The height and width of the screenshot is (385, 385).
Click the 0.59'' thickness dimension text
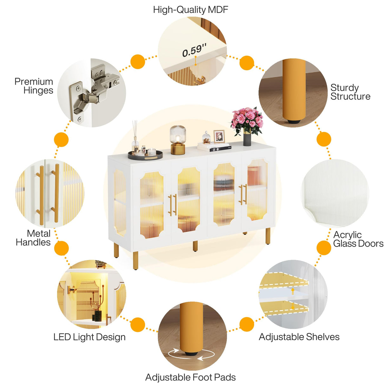[x=194, y=50]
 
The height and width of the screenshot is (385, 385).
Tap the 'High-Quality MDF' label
[x=191, y=10]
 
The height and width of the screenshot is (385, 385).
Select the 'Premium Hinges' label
[x=34, y=86]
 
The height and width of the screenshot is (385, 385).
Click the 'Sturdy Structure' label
[x=350, y=92]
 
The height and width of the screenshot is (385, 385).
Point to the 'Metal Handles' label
[x=33, y=238]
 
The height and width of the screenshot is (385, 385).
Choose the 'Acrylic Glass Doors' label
[x=358, y=239]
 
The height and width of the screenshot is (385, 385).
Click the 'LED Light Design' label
[x=89, y=337]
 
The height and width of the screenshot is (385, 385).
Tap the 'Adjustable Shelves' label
[x=299, y=337]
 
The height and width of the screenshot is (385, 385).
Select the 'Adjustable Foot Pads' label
[x=190, y=372]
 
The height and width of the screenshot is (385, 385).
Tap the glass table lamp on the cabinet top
[x=178, y=140]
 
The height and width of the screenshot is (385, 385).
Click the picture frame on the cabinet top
[x=219, y=136]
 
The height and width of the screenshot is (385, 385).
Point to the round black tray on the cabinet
[x=145, y=155]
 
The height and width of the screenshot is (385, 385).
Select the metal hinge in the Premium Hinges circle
[x=93, y=90]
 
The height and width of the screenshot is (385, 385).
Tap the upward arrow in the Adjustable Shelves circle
[x=293, y=291]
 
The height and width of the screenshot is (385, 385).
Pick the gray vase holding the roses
[x=247, y=140]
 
